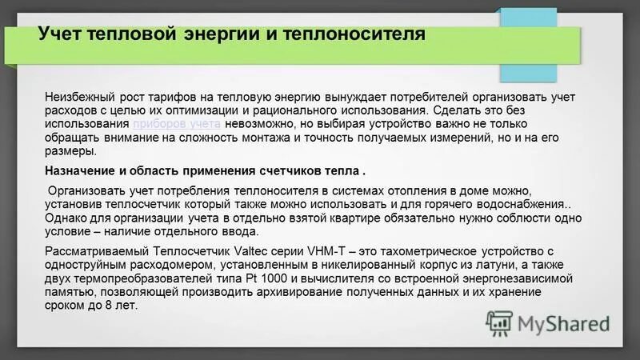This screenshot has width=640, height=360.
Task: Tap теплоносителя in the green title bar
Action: tap(350, 35)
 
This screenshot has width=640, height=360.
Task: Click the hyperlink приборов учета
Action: tap(177, 126)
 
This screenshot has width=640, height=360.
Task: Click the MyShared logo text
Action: tap(563, 324)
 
